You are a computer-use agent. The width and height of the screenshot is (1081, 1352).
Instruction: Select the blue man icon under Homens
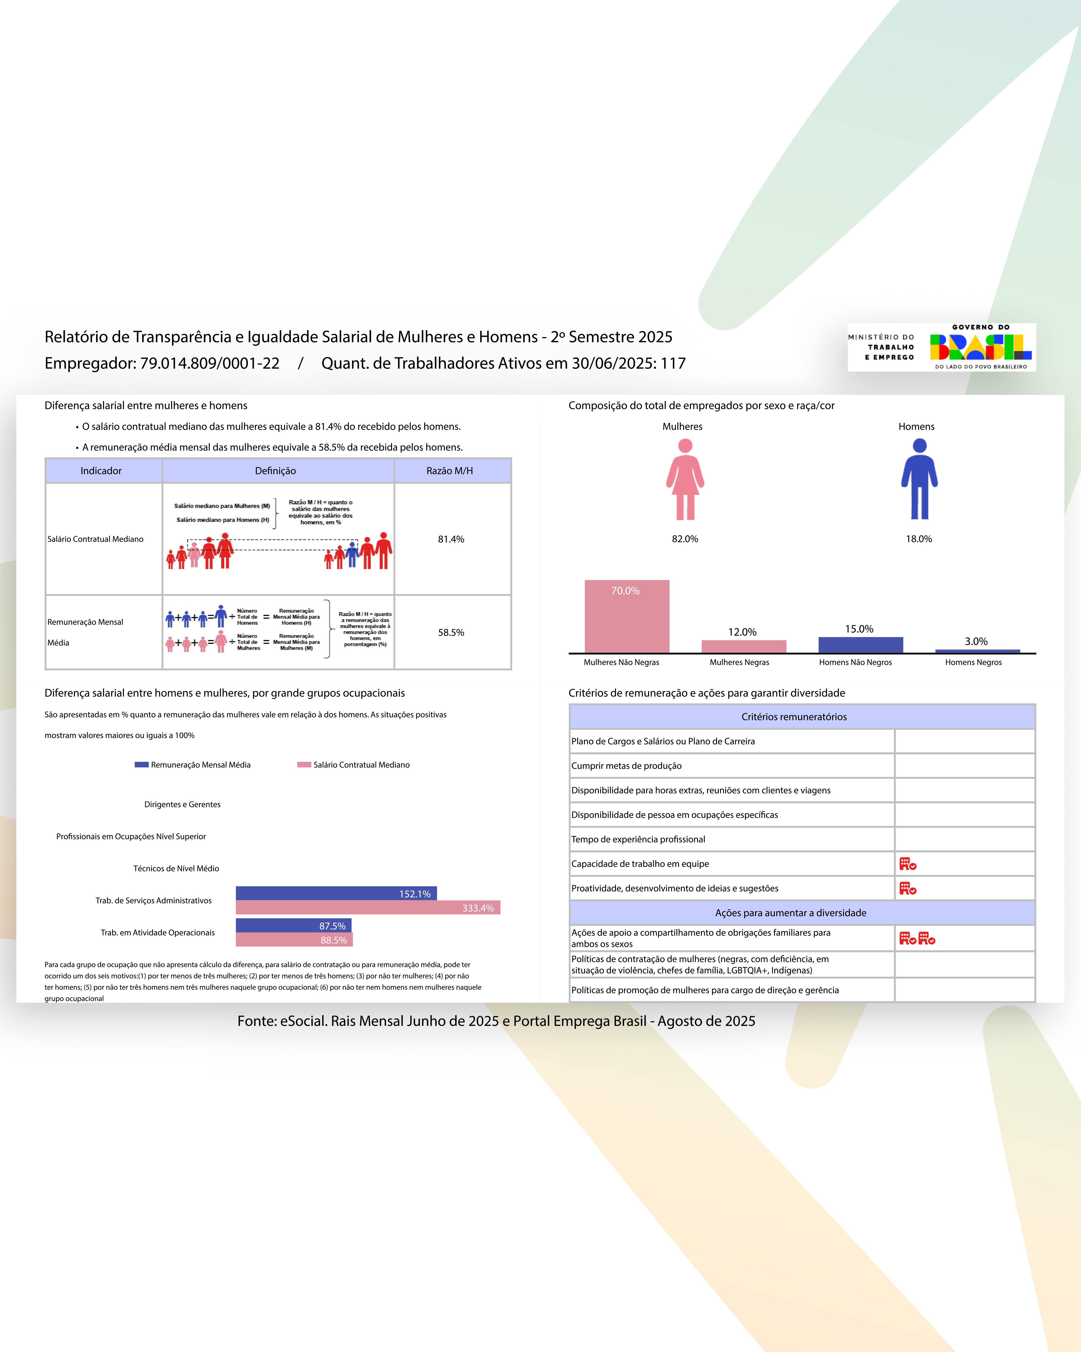tap(919, 480)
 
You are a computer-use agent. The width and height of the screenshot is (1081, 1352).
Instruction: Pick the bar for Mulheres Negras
tap(744, 646)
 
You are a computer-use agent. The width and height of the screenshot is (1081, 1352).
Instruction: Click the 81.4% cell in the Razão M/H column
tap(451, 539)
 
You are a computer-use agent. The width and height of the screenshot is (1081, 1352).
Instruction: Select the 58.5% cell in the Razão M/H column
tap(451, 633)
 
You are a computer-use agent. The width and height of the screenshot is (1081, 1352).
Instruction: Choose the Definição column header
tap(275, 471)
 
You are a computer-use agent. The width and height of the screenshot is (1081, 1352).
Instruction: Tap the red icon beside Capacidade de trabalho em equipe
tap(907, 864)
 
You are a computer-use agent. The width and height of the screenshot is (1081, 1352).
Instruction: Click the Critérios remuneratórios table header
tap(794, 717)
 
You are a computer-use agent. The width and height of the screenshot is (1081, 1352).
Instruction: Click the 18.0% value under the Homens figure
tap(919, 539)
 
